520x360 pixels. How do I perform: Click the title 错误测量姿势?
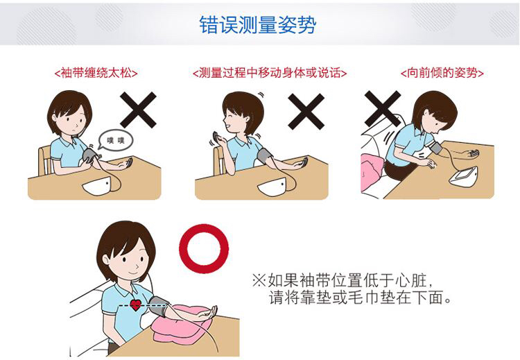[258, 26]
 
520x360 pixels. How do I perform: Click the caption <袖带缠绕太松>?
[96, 73]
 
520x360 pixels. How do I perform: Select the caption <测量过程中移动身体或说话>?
[269, 73]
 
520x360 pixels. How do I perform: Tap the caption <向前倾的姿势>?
[442, 73]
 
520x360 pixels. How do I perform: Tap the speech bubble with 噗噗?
[111, 141]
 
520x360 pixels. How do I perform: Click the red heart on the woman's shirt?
[136, 304]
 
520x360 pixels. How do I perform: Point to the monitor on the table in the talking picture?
[271, 187]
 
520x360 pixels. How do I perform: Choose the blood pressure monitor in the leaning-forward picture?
[467, 175]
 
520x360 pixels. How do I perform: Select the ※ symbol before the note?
[258, 281]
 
